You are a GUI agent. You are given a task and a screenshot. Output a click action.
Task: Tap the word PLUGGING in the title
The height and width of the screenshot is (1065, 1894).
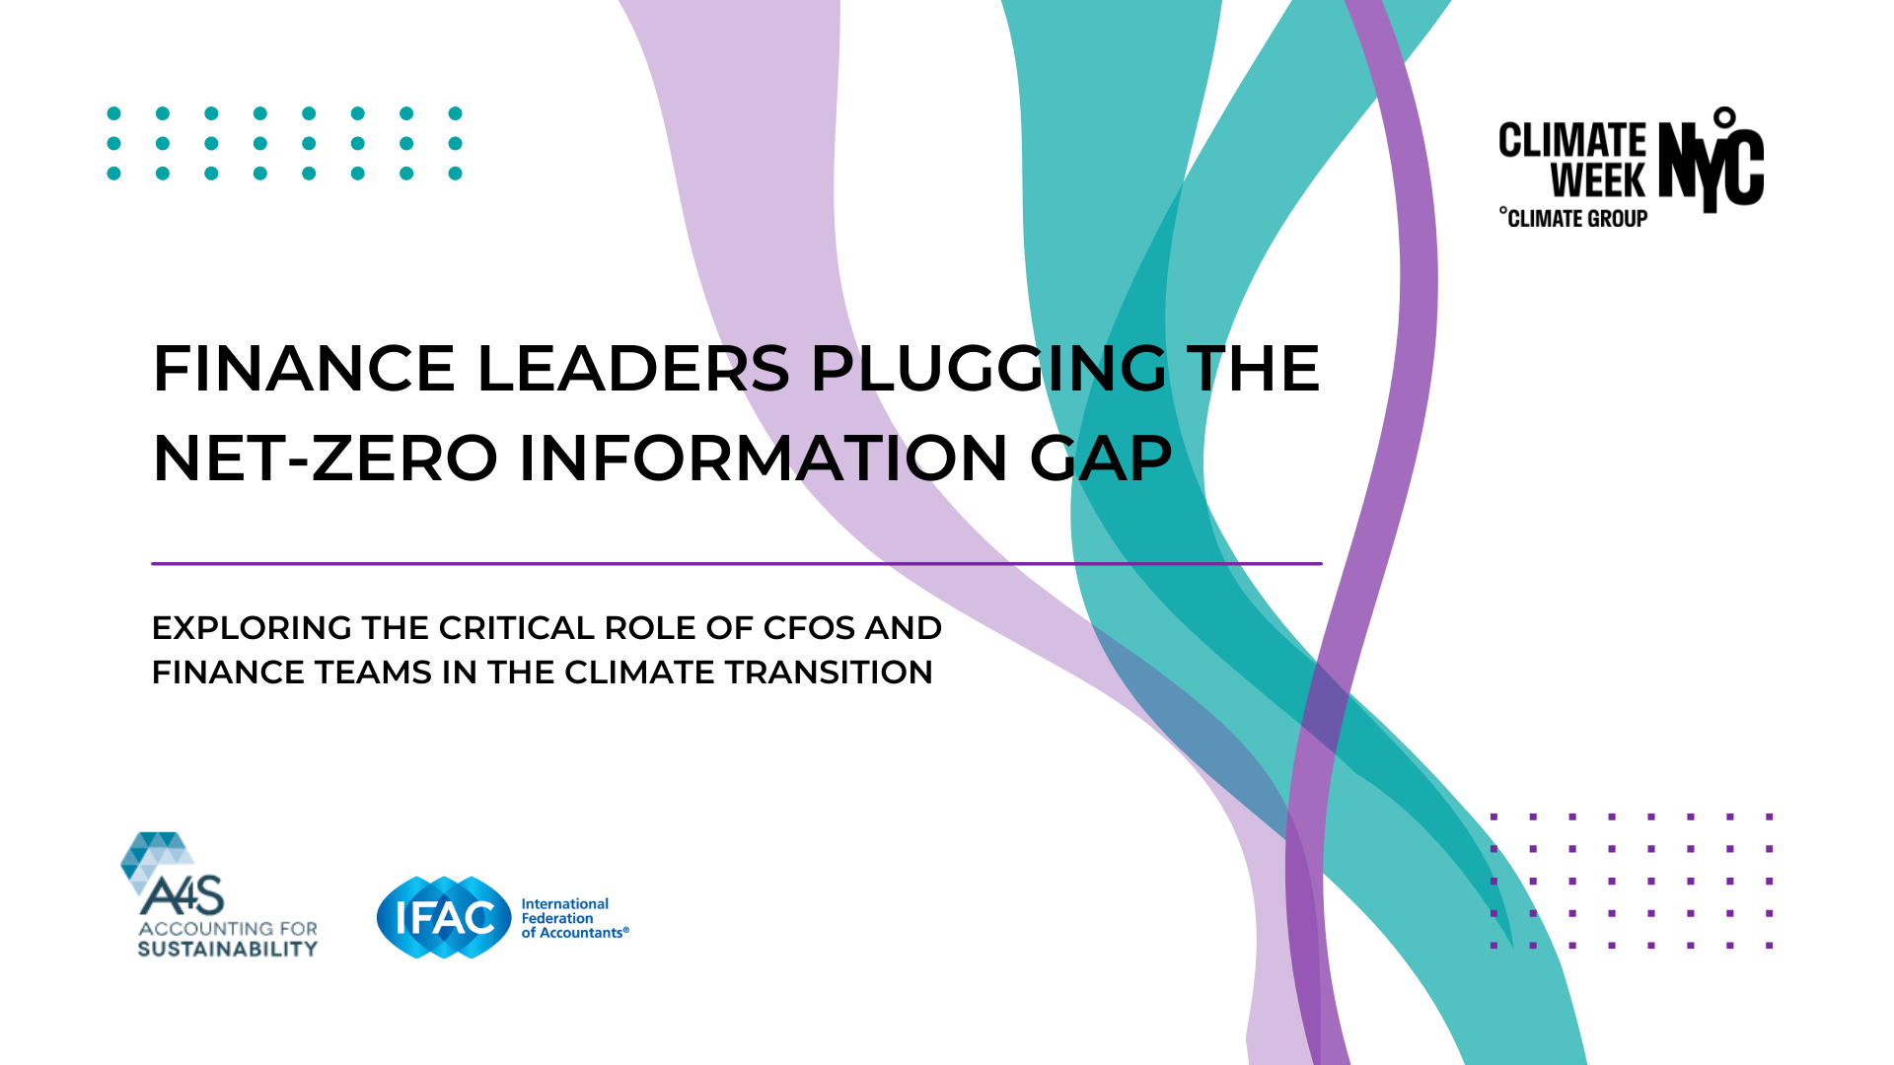[x=988, y=369]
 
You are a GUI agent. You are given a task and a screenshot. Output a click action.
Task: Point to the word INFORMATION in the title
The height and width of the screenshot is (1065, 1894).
[x=764, y=459]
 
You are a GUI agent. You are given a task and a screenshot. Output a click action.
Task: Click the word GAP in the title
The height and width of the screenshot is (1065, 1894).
[x=1101, y=459]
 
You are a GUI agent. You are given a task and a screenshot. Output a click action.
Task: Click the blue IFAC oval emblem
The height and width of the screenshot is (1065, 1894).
[x=444, y=918]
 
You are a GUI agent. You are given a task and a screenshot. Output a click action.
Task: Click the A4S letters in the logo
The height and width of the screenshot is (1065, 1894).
[x=182, y=894]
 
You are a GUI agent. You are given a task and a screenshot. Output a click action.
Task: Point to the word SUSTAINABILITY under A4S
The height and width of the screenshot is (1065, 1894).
[x=228, y=949]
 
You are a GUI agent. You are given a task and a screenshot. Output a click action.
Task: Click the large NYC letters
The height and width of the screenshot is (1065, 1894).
[x=1712, y=160]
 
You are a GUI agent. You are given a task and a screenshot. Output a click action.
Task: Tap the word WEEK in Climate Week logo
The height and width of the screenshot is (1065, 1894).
[x=1598, y=181]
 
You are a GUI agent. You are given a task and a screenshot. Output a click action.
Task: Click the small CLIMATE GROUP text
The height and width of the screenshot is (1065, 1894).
[x=1574, y=218]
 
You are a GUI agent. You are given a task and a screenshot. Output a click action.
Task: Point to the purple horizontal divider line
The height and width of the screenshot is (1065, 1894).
[x=737, y=564]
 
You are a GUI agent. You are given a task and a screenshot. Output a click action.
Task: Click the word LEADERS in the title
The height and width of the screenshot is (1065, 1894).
[x=633, y=369]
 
